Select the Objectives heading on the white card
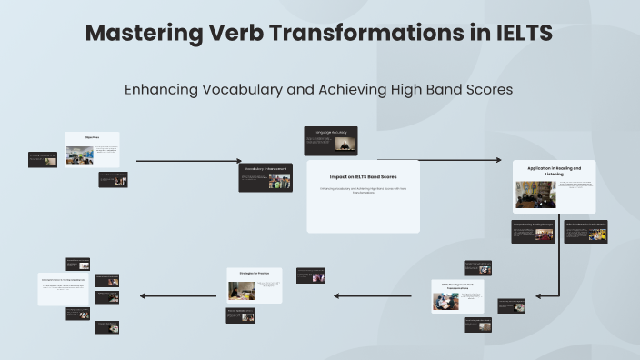[x=92, y=137]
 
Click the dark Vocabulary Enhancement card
[x=265, y=177]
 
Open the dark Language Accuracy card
[x=330, y=140]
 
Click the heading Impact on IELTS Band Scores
[x=363, y=176]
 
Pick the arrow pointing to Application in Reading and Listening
[x=455, y=160]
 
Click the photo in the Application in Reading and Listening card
[x=535, y=194]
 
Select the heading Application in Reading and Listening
[x=554, y=170]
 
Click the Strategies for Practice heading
[x=254, y=272]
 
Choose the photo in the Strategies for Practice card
[x=241, y=290]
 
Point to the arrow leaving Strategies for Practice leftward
[x=177, y=295]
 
